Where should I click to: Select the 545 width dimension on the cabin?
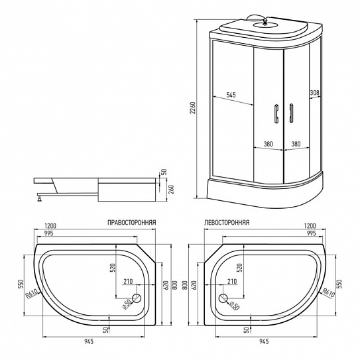[x=231, y=95]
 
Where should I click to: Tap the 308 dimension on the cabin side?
[x=314, y=93]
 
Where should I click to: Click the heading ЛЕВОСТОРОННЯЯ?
[x=227, y=223]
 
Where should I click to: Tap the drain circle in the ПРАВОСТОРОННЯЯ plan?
[x=137, y=299]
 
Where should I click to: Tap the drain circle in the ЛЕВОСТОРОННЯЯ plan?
[x=222, y=299]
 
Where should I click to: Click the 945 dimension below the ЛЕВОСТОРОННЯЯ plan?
[x=263, y=342]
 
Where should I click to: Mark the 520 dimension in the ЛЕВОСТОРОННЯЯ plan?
[x=239, y=269]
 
